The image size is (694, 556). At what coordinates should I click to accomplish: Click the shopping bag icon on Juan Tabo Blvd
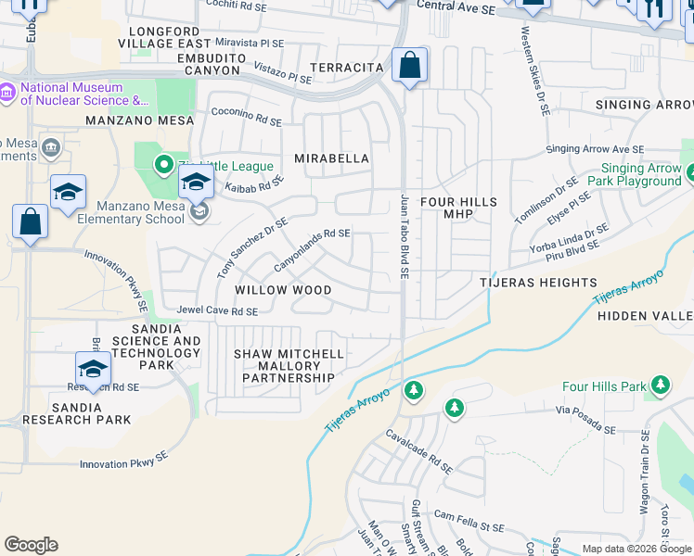tap(409, 66)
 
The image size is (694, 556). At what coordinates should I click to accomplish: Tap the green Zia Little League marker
tap(164, 166)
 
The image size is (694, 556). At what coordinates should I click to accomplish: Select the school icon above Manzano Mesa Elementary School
tap(196, 183)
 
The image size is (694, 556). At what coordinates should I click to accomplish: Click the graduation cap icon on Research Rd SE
tap(94, 369)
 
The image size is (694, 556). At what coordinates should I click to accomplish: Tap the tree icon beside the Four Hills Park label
tap(660, 384)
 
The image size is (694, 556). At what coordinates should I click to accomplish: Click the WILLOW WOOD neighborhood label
tap(283, 290)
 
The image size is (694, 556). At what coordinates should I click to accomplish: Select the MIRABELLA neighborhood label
tap(332, 158)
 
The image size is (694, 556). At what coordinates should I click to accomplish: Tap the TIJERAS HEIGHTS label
tap(538, 282)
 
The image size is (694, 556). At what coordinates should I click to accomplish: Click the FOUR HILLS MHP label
tap(458, 208)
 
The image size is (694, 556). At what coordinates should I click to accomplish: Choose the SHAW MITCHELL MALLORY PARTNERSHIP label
tap(289, 366)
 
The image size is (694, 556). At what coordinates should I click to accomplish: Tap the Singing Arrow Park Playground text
tap(640, 175)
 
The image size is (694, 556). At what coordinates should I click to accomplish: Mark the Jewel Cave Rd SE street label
tap(218, 312)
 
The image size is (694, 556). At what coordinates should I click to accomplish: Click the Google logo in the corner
tap(31, 545)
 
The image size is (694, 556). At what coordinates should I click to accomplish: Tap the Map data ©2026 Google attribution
tap(636, 549)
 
